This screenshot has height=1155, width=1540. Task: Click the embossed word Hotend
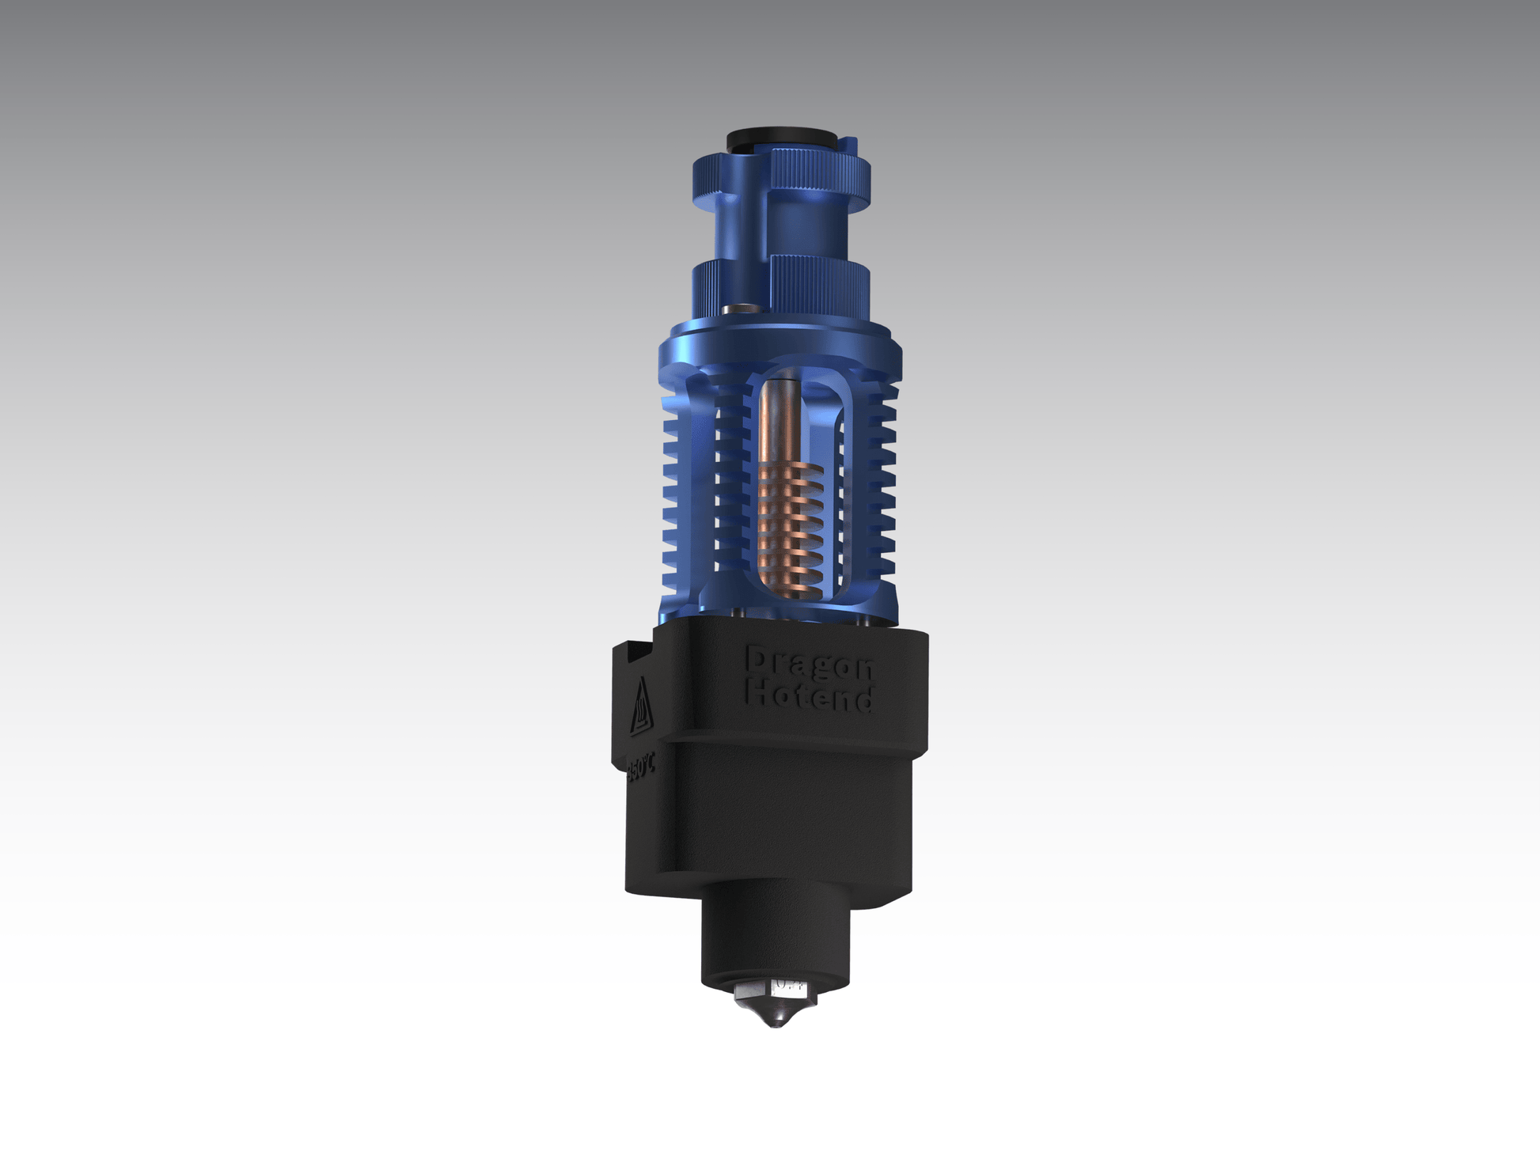tap(810, 698)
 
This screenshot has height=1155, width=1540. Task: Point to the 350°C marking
tap(640, 767)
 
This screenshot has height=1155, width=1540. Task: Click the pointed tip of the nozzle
tap(776, 1025)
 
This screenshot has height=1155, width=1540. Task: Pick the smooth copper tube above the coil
tap(780, 419)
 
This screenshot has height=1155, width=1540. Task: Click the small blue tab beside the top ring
tap(851, 146)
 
